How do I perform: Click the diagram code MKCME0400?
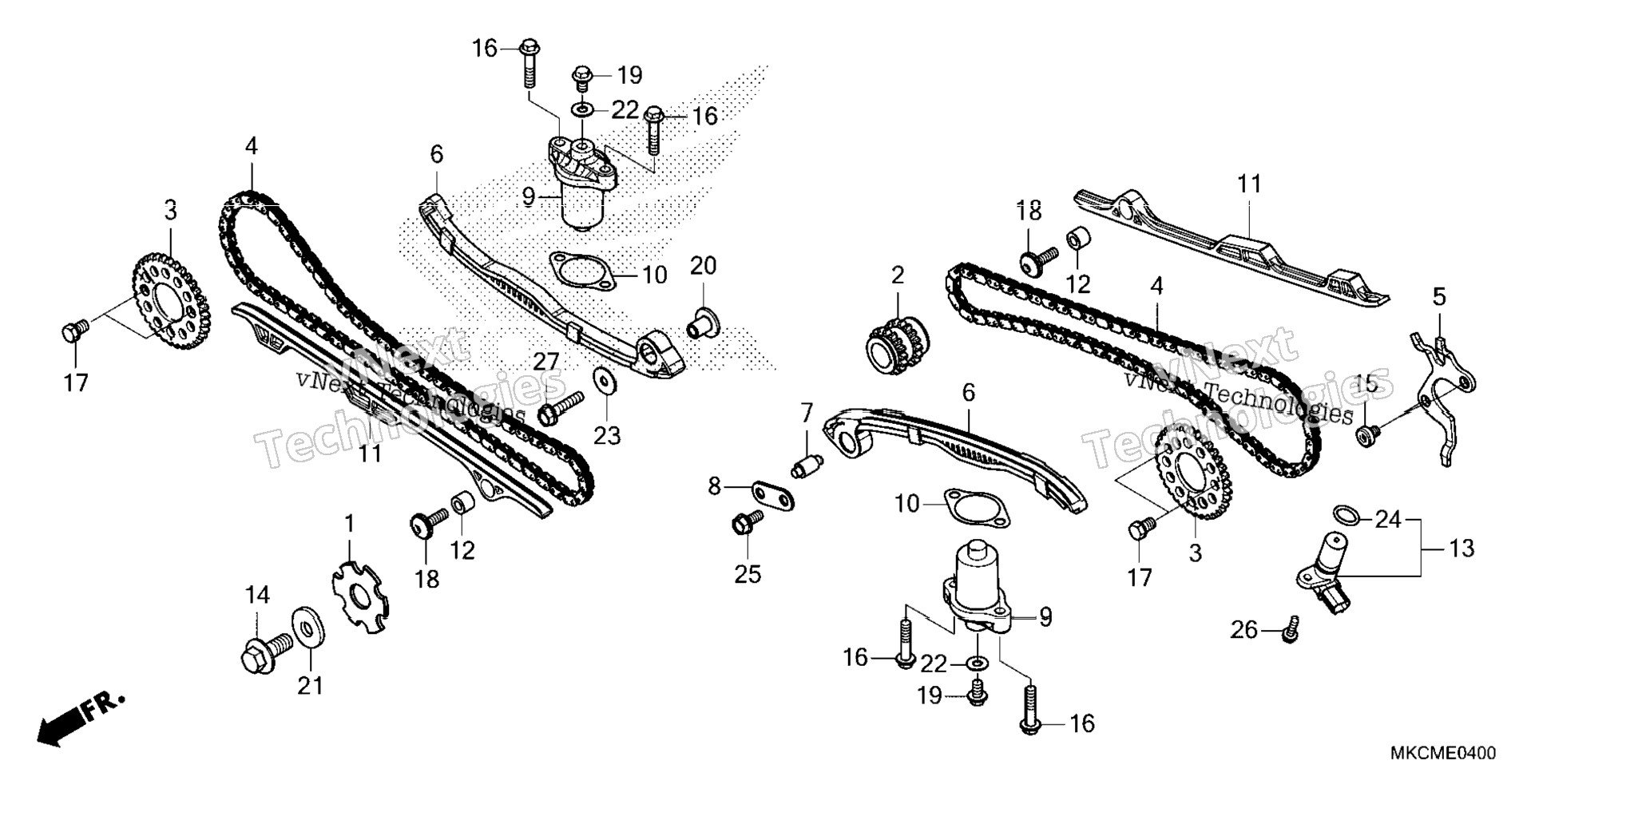point(1443,754)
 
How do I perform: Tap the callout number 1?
point(349,525)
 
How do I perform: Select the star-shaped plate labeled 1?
point(361,597)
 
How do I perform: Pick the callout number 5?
point(1439,298)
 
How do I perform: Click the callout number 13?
point(1462,549)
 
